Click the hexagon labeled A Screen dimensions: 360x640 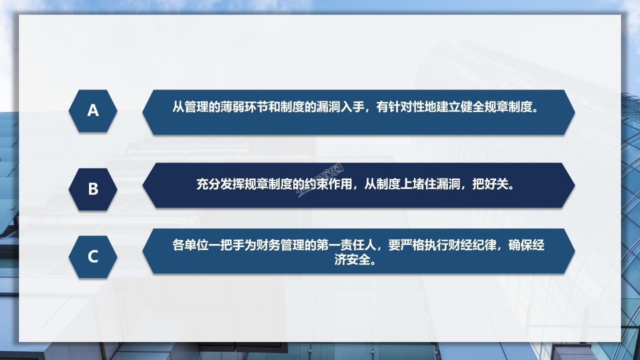coord(93,110)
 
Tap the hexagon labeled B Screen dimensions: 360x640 coord(93,189)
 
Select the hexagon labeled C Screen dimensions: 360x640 coord(93,256)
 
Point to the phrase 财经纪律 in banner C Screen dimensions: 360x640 coord(472,245)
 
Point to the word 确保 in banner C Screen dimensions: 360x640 coord(520,245)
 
